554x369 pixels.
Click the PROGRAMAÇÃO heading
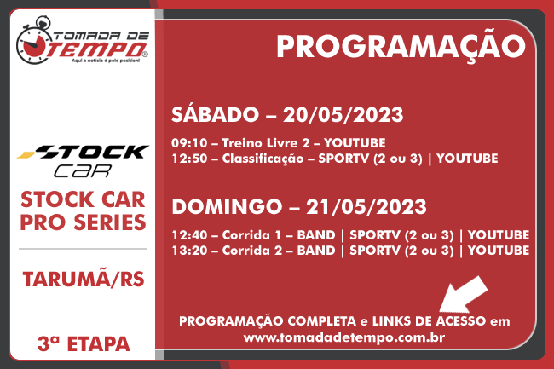401,47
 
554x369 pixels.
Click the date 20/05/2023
343,115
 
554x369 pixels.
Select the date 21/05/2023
366,207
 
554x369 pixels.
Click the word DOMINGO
227,207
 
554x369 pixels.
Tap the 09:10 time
189,143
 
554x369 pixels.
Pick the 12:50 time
189,159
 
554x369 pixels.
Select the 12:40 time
189,235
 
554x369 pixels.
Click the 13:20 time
189,251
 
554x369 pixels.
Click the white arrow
463,295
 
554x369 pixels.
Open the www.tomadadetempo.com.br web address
344,337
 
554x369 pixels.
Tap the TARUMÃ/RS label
84,280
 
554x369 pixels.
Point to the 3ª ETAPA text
84,344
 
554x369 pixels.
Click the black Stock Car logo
83,160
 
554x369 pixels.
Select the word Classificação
263,159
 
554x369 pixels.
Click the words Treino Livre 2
266,143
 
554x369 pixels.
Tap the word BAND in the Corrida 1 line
316,235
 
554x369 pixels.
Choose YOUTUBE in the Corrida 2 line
499,251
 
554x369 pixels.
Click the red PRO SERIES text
83,222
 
